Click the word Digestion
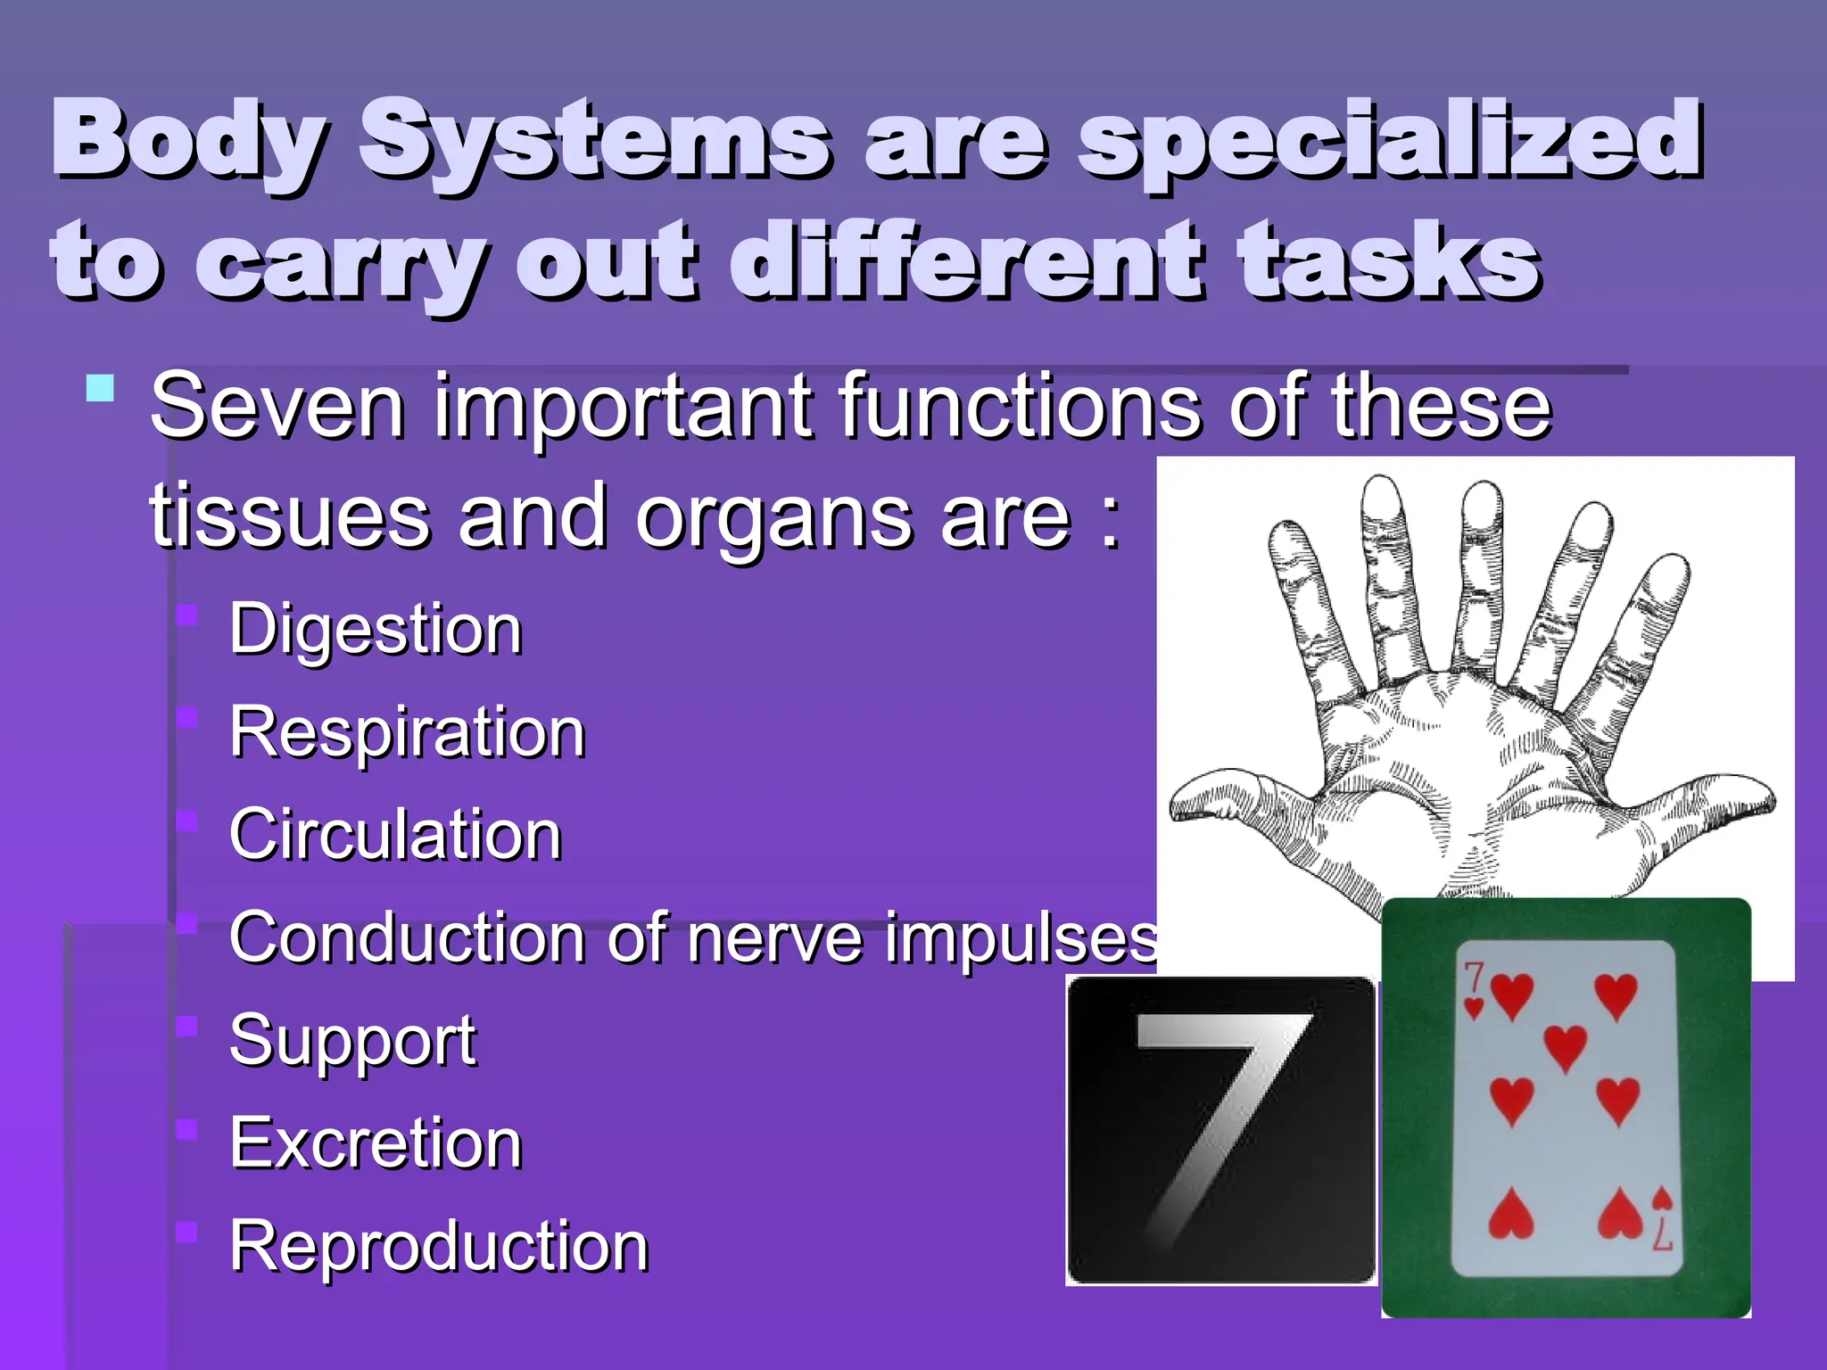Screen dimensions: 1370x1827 [376, 631]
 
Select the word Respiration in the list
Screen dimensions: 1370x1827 [407, 733]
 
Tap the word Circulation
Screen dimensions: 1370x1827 [395, 835]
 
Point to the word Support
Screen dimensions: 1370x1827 [352, 1041]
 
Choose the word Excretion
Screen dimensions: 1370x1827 [376, 1143]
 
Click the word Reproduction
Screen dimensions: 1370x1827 [438, 1247]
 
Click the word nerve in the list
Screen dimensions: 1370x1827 [775, 939]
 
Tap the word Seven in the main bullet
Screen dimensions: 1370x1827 [277, 407]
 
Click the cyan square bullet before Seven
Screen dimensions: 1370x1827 [101, 389]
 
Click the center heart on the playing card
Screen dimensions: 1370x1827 [1565, 1045]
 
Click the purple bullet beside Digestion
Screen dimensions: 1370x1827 [186, 615]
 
